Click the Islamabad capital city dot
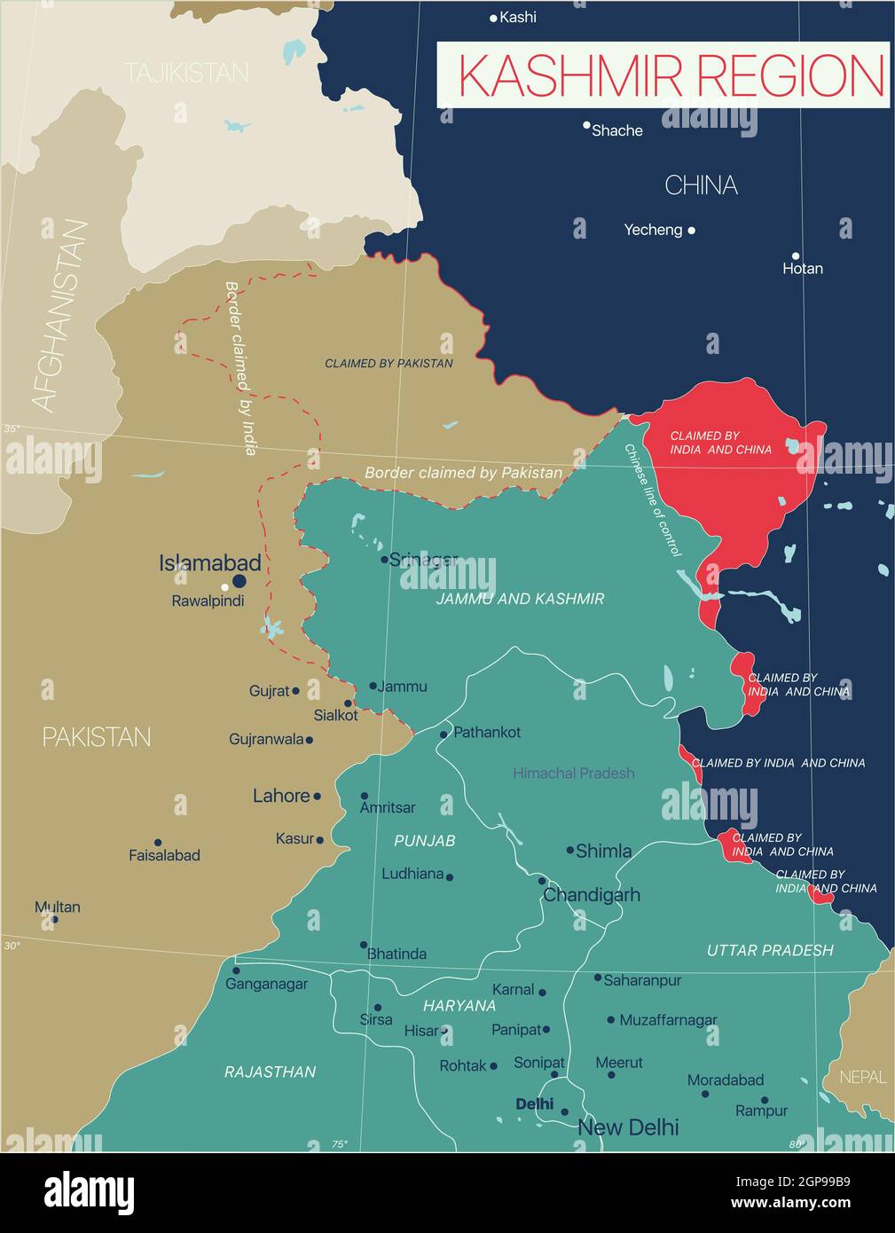pos(239,582)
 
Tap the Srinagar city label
pos(423,560)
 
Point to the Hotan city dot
pos(796,255)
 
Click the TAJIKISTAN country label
pos(186,73)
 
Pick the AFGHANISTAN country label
pos(61,317)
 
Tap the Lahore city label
pos(281,796)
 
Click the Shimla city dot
pos(570,850)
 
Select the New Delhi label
pos(628,1127)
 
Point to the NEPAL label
pos(862,1077)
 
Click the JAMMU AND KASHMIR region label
pos(520,599)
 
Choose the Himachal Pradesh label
pos(573,774)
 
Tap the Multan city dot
pos(55,919)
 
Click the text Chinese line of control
pos(653,499)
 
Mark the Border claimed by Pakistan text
pos(463,473)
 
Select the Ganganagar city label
pos(266,984)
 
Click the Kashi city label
pos(518,17)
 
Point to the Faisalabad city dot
pos(158,843)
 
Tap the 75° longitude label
pos(340,1144)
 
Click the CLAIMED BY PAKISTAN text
pos(389,364)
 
